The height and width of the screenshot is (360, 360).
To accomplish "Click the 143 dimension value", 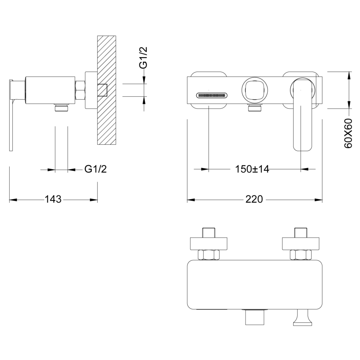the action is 53,199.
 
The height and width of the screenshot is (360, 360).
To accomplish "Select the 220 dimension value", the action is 254,199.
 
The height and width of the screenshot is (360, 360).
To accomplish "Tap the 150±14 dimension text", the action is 252,169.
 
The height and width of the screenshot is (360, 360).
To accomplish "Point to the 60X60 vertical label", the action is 348,133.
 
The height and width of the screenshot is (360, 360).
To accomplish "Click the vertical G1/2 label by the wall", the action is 143,58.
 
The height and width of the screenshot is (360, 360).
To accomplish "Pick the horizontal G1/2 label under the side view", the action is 96,169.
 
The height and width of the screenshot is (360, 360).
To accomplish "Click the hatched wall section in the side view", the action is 106,90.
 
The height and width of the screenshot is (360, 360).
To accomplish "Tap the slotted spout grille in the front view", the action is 212,95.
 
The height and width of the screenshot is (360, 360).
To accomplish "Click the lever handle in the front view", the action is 303,114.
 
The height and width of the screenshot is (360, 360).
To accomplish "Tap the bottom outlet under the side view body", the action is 62,108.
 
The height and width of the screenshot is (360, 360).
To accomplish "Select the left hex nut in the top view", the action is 209,255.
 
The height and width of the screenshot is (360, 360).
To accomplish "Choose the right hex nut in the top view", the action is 301,255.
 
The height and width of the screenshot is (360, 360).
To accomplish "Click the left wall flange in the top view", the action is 209,244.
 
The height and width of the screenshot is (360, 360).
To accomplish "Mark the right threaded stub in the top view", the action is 301,232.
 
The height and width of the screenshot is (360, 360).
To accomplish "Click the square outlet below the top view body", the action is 254,317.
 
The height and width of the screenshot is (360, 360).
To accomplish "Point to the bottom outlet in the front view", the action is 255,108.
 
